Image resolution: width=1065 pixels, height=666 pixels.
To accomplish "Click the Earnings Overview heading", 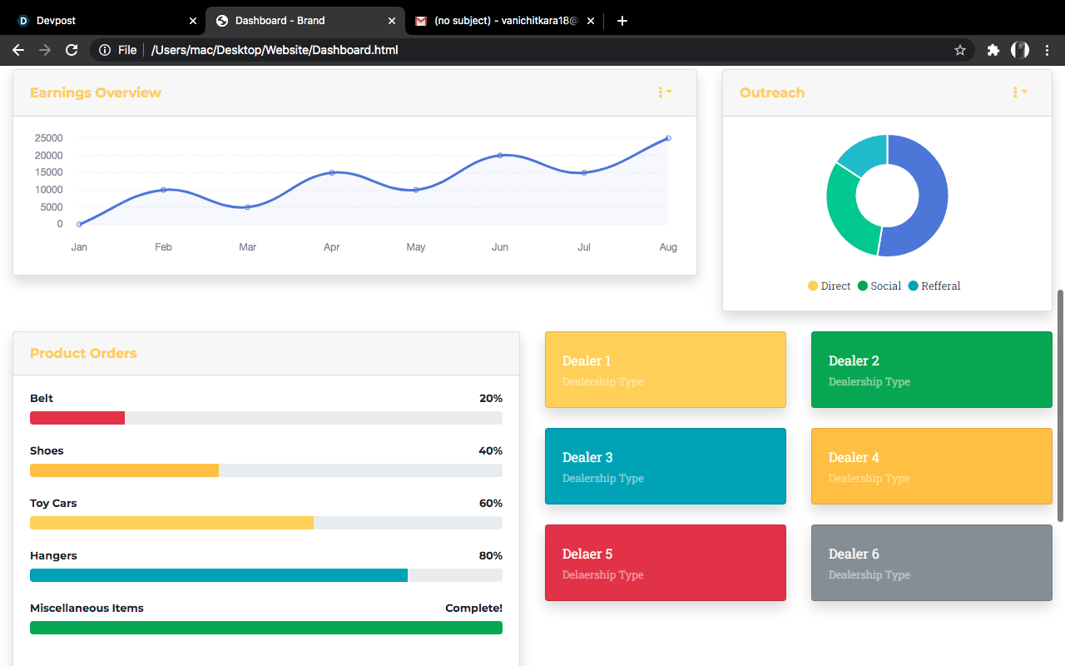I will tap(95, 92).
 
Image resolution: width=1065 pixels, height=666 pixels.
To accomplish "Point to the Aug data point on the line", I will tap(668, 138).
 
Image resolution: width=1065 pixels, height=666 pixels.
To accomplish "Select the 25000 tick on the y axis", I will tap(48, 138).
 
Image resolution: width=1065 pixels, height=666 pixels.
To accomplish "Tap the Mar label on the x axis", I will tap(247, 247).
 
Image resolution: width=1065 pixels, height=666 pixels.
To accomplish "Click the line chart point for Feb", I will tap(163, 190).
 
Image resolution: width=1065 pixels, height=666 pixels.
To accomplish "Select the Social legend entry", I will tap(879, 286).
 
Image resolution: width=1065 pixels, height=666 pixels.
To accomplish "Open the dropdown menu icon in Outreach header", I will tap(1019, 92).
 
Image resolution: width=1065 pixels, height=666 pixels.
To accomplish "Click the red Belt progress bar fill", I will tap(77, 418).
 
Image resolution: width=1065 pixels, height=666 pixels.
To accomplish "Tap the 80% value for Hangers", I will tap(490, 556).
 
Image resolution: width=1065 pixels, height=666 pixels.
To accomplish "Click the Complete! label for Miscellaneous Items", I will tap(473, 609).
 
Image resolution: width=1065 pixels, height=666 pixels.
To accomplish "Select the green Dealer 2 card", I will tap(931, 370).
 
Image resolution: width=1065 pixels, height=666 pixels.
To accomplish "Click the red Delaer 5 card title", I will tap(587, 554).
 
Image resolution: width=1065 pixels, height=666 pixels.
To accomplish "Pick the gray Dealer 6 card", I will tap(931, 563).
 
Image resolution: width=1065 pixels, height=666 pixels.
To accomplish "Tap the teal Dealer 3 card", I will tap(665, 466).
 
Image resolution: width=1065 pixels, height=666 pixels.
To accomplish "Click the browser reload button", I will tap(72, 50).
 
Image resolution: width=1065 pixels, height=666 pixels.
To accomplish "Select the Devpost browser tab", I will tap(100, 21).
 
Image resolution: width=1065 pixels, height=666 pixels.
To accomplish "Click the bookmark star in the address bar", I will tap(960, 50).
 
